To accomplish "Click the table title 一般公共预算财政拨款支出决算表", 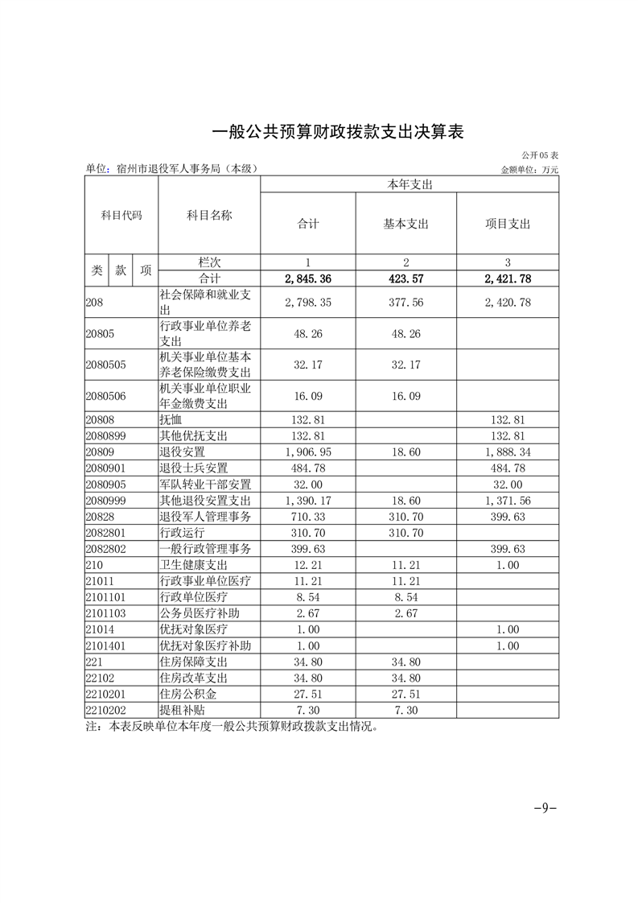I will [x=338, y=132].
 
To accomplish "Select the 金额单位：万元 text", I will [x=529, y=170].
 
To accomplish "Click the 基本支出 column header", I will [x=406, y=224].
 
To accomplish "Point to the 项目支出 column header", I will [x=508, y=224].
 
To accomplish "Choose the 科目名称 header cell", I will [x=209, y=215].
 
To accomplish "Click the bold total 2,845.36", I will [x=308, y=279].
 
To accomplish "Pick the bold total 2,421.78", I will [x=508, y=279].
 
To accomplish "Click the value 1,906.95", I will [x=308, y=452].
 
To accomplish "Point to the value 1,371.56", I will [x=508, y=501].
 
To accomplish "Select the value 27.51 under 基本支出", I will [x=406, y=694].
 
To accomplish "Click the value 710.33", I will [x=308, y=517].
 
